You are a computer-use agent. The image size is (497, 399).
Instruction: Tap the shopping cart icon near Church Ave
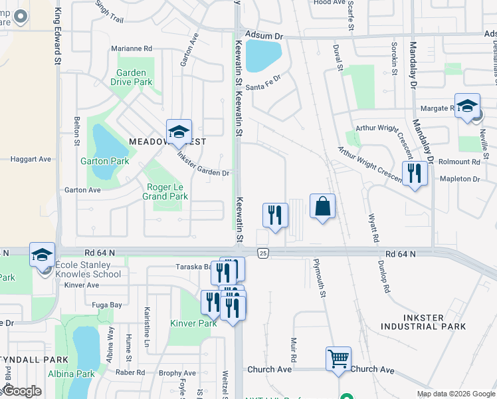coord(338,359)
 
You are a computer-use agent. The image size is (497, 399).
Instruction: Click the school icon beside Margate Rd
coord(467,106)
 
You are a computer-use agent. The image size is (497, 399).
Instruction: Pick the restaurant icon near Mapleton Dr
coord(415,174)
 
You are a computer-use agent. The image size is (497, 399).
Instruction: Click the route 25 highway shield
coord(264,253)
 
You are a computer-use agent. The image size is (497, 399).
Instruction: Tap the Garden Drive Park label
coord(134,77)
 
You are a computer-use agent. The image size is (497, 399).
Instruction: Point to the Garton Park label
coord(104,161)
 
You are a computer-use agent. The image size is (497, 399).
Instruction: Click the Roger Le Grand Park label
coord(165,192)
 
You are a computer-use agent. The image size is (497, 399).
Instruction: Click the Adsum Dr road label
coord(264,35)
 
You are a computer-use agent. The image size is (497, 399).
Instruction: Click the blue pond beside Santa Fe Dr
coord(263,55)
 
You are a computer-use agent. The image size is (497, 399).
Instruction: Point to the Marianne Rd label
coord(132,49)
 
